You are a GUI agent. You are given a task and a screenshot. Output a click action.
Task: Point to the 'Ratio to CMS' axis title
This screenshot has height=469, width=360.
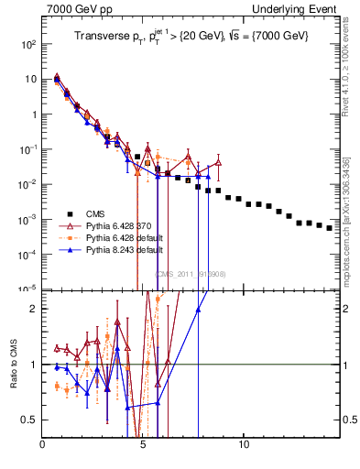pyautogui.click(x=12, y=364)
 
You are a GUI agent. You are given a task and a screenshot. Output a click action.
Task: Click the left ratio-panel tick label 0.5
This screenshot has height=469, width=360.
pyautogui.click(x=30, y=420)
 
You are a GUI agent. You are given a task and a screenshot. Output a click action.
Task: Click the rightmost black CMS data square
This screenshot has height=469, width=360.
pyautogui.click(x=330, y=228)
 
